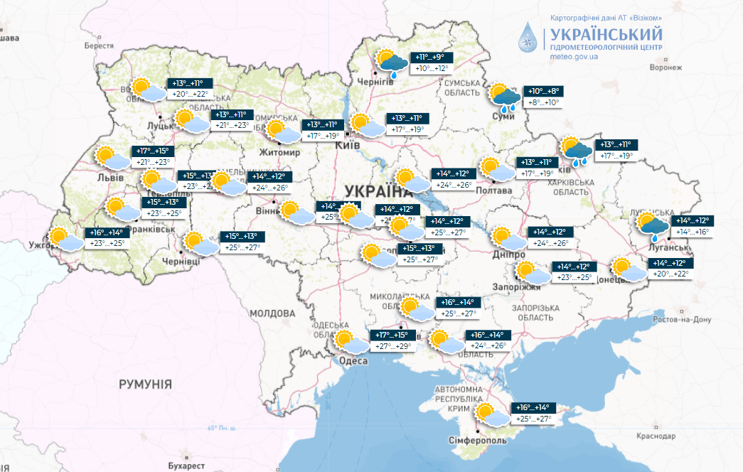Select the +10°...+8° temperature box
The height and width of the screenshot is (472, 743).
pyautogui.click(x=545, y=91)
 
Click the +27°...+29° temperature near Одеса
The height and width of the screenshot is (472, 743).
pyautogui.click(x=392, y=346)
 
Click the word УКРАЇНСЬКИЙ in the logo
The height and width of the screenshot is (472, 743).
pyautogui.click(x=605, y=34)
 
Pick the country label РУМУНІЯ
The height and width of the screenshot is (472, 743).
pyautogui.click(x=145, y=384)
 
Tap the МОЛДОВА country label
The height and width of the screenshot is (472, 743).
pyautogui.click(x=272, y=313)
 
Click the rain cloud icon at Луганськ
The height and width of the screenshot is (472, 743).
pyautogui.click(x=653, y=225)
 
